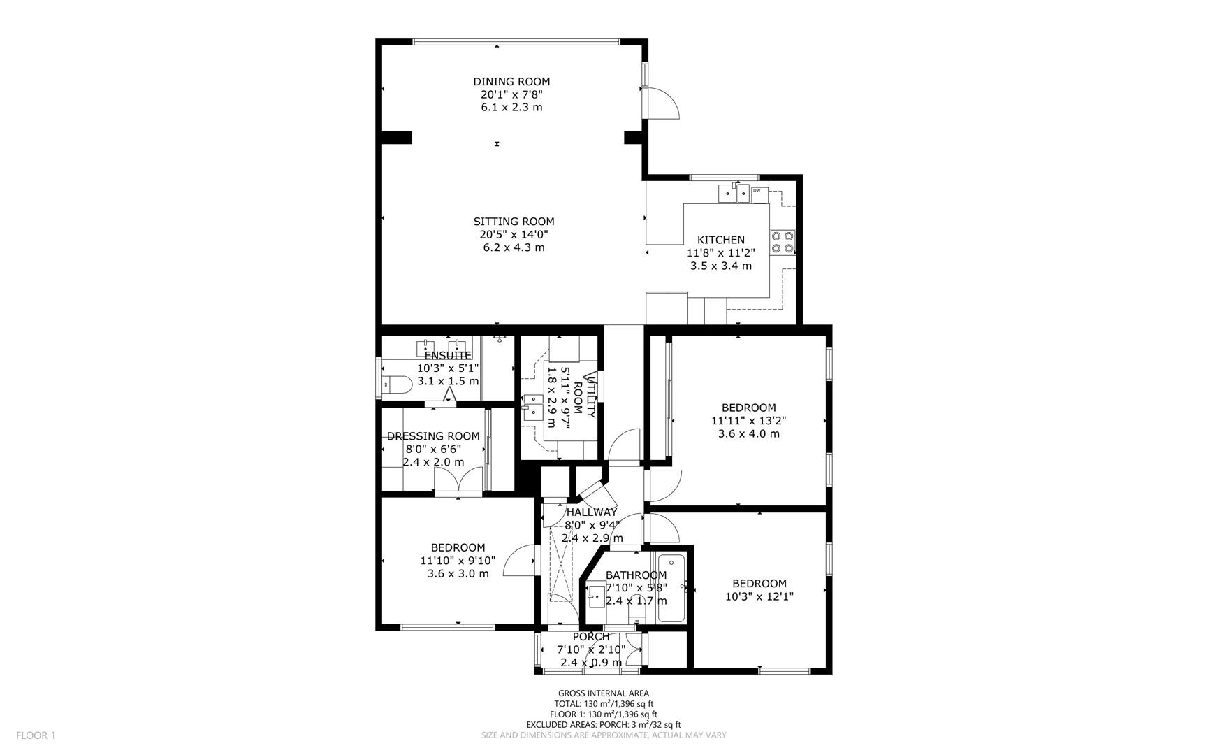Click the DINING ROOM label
[511, 82]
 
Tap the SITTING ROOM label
[514, 222]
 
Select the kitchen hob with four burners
[783, 241]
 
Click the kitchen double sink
[734, 192]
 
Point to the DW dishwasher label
[757, 190]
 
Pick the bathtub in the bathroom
[672, 587]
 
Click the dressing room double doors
[458, 481]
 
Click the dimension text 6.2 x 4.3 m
[514, 247]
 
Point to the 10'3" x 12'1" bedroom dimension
[759, 596]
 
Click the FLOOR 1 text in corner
[36, 735]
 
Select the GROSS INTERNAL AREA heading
[603, 693]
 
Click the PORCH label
[591, 637]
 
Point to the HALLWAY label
[592, 512]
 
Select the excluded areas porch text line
[603, 725]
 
